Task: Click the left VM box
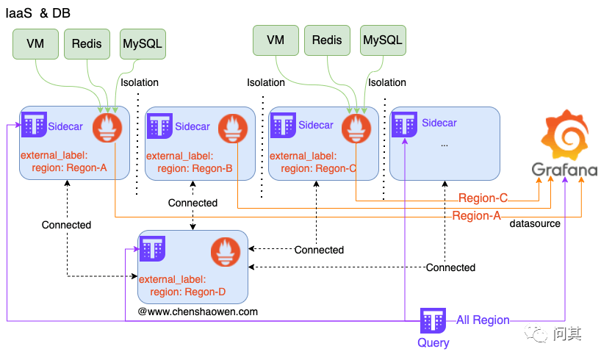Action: click(x=35, y=43)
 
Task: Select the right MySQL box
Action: click(x=384, y=40)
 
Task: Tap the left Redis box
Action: click(x=87, y=43)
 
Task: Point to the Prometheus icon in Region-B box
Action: click(x=233, y=127)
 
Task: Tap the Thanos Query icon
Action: click(x=433, y=320)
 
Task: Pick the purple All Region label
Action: click(x=483, y=320)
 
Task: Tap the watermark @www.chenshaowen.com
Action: click(x=198, y=311)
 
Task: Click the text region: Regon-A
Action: click(x=69, y=168)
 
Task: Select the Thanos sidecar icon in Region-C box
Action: click(x=282, y=126)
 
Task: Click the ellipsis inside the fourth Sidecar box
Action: click(x=444, y=144)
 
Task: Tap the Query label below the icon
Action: click(x=433, y=342)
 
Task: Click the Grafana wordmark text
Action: click(x=565, y=171)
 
